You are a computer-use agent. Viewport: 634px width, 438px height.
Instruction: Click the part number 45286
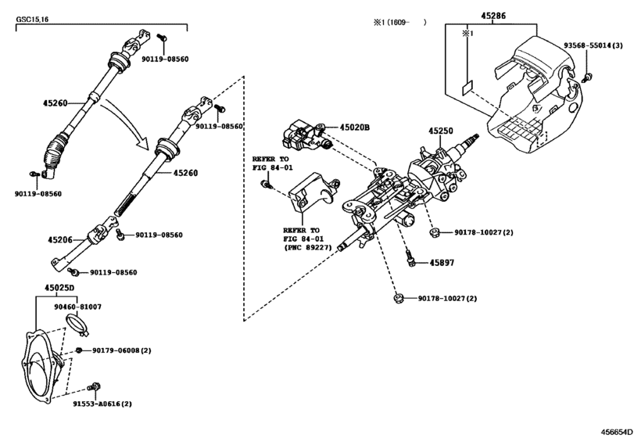(493, 16)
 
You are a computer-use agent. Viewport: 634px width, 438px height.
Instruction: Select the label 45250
(441, 131)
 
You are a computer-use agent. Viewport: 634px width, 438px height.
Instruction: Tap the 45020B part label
(355, 127)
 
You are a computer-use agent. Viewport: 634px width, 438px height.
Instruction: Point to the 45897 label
(442, 263)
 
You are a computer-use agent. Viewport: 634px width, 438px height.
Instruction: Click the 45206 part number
(60, 240)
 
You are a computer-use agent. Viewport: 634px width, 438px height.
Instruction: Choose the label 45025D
(59, 288)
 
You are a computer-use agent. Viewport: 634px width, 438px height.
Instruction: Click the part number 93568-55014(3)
(593, 45)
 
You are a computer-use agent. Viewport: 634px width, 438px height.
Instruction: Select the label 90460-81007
(77, 307)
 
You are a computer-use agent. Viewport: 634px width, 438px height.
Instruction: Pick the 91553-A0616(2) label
(102, 404)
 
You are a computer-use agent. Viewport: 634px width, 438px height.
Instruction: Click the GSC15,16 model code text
(32, 20)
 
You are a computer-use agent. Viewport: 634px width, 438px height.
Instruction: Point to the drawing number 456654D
(616, 432)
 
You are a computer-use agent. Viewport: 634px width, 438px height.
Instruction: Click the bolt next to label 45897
(410, 258)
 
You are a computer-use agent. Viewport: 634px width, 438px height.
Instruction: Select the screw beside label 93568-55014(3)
(587, 77)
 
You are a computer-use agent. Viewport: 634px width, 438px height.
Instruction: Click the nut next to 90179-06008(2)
(79, 350)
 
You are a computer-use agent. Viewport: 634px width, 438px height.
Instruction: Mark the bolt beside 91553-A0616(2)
(95, 386)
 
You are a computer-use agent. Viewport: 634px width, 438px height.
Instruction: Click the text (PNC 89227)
(308, 247)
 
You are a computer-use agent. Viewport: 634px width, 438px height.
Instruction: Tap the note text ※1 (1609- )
(399, 22)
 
